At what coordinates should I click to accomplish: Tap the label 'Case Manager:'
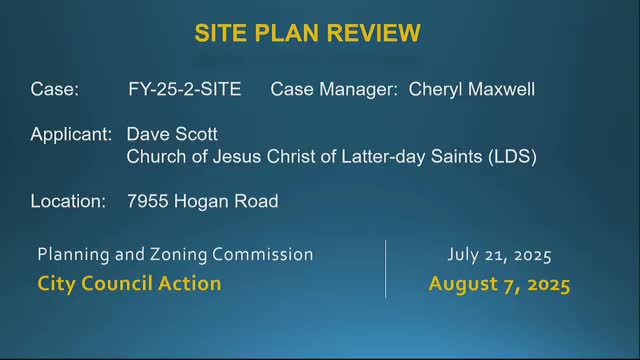click(334, 90)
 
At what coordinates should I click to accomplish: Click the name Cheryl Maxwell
click(472, 90)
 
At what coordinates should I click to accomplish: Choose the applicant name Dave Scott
click(172, 133)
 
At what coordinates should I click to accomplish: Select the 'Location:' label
click(68, 201)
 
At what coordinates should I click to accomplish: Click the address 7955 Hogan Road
click(202, 201)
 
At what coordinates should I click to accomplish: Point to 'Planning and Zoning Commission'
click(175, 255)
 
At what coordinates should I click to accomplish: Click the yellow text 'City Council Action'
click(129, 283)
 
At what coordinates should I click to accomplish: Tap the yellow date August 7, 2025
click(499, 283)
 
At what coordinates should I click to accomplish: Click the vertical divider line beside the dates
click(386, 268)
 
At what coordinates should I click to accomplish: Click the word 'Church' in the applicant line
click(155, 156)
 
